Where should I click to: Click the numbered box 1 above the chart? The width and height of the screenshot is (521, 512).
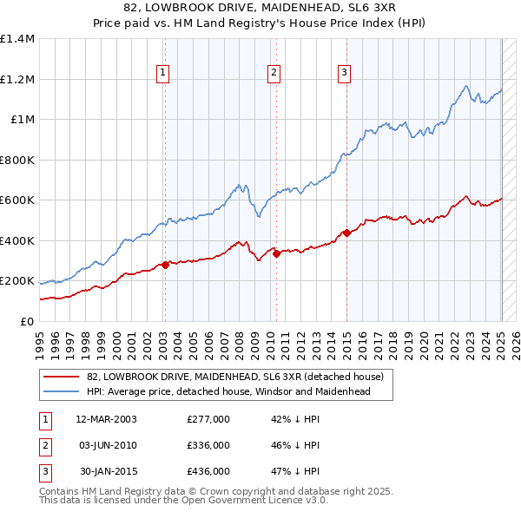click(164, 73)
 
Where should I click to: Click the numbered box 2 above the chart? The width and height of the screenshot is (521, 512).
click(274, 73)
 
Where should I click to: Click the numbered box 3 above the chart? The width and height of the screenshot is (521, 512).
click(344, 73)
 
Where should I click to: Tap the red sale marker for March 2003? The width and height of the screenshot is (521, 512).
click(165, 265)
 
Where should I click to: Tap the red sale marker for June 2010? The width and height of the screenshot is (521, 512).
click(276, 253)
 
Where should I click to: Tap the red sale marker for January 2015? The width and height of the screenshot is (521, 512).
click(346, 233)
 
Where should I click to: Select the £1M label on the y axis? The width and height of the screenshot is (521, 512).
click(22, 120)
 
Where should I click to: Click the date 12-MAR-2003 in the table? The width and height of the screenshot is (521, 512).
click(107, 419)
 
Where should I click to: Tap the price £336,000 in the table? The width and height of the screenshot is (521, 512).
click(208, 445)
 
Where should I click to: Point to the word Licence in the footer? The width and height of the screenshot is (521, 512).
click(281, 501)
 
